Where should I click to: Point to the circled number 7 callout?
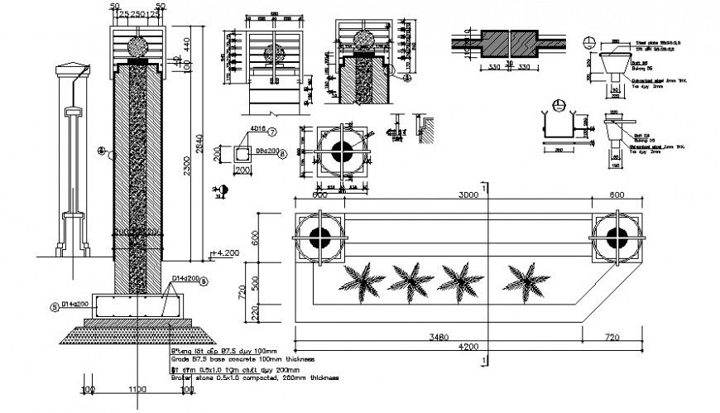272,132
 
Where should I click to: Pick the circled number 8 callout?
282,153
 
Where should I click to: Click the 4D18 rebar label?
253,131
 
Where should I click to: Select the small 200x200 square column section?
242,154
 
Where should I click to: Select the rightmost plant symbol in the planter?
526,277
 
